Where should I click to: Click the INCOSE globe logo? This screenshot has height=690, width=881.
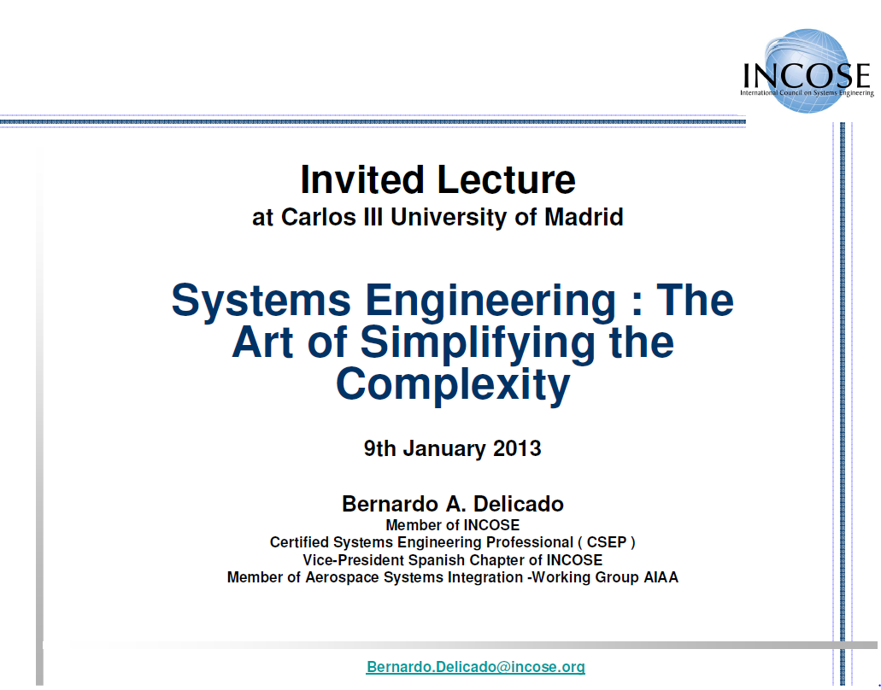pos(808,71)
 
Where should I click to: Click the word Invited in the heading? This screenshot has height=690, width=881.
pos(361,179)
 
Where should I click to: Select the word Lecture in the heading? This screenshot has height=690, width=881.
pos(506,179)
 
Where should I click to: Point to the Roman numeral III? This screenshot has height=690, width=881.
pos(373,217)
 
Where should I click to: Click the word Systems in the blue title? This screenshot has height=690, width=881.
pos(261,301)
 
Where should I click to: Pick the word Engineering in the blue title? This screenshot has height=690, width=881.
pos(490,301)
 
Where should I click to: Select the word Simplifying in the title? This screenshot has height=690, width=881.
pos(478,342)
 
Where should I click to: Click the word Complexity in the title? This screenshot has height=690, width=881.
pos(453,384)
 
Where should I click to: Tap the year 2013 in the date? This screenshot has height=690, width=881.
pos(517,448)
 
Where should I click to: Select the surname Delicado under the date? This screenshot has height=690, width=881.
pos(518,504)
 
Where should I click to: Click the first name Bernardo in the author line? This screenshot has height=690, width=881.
pos(391,504)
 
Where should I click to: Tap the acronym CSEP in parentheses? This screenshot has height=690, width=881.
pos(606,541)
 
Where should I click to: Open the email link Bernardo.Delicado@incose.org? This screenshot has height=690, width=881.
pos(475,666)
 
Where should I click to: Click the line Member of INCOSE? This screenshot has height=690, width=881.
pos(452,525)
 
